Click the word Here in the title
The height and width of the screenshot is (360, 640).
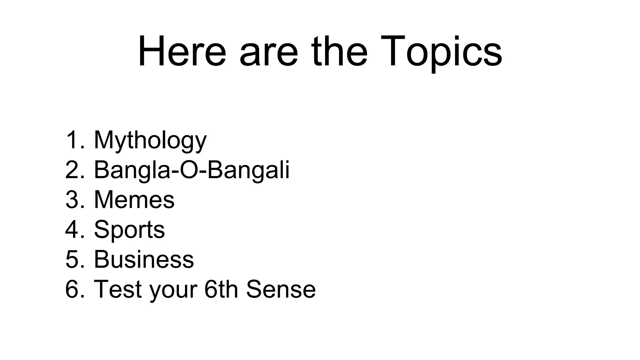(x=182, y=52)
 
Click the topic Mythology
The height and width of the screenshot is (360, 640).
(x=150, y=141)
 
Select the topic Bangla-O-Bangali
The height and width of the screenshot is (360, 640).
(x=192, y=170)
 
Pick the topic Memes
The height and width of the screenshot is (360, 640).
(x=134, y=200)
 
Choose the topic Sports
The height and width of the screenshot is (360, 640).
(x=129, y=230)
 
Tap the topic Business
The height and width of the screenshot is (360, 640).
(x=144, y=259)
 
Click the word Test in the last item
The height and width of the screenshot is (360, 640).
(x=118, y=289)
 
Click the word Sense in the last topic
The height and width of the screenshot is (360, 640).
(x=281, y=289)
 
